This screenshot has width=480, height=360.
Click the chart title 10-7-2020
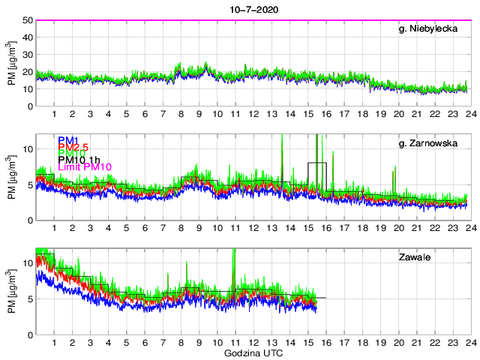click(x=250, y=8)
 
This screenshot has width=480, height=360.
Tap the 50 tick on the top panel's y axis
click(x=26, y=20)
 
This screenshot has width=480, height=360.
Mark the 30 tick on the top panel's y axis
click(x=26, y=55)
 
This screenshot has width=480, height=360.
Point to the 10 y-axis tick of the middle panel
click(x=26, y=148)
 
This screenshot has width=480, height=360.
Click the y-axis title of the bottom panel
click(x=12, y=291)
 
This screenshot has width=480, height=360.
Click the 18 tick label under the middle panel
click(x=361, y=229)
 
